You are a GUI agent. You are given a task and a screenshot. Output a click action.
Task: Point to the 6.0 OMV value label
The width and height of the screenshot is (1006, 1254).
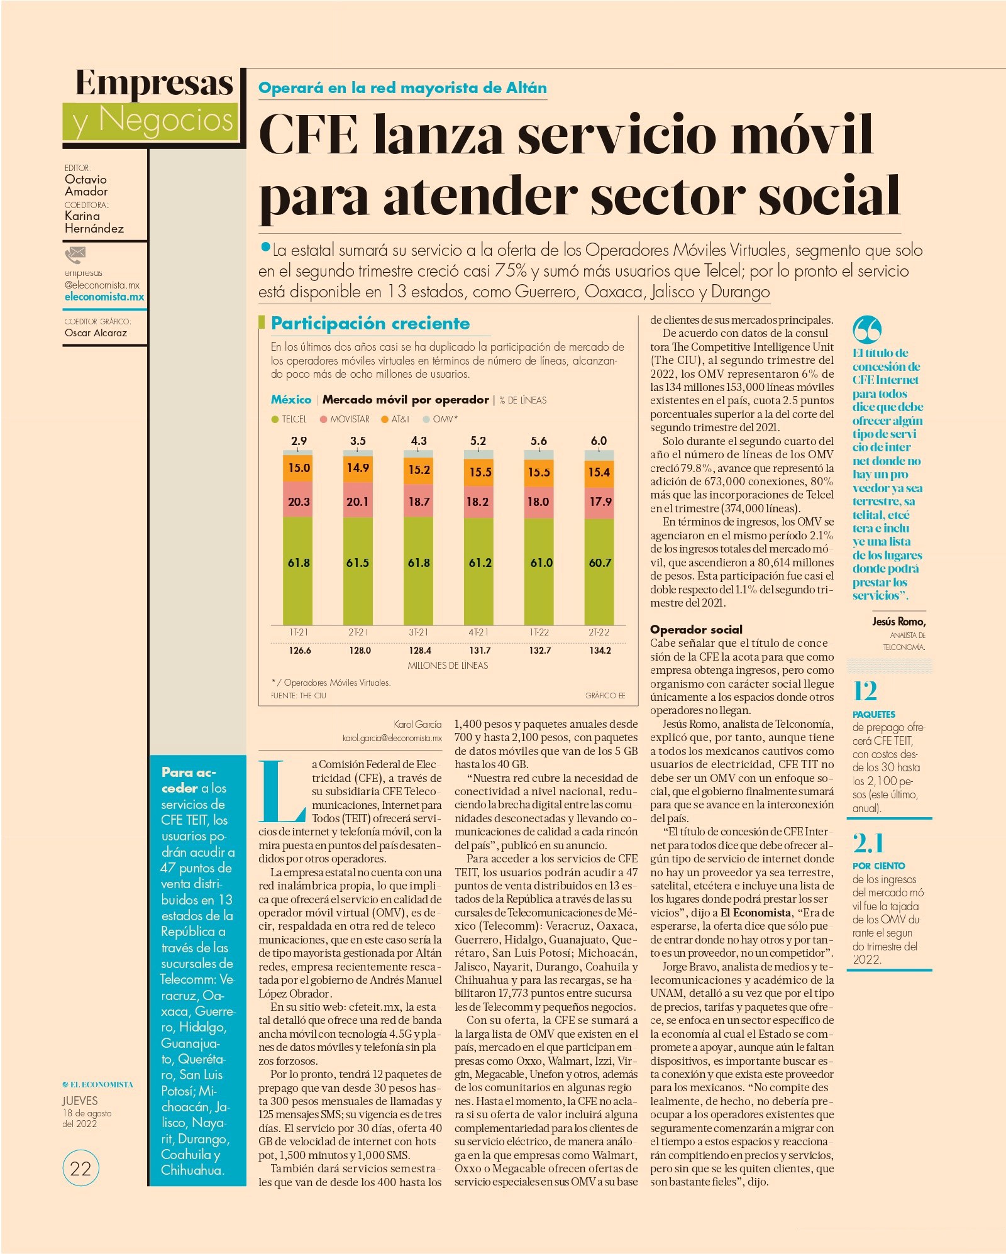(x=599, y=441)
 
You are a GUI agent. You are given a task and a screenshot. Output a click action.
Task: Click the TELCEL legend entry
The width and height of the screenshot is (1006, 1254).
(x=289, y=419)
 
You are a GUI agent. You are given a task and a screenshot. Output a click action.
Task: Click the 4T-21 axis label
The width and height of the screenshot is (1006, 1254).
(x=478, y=632)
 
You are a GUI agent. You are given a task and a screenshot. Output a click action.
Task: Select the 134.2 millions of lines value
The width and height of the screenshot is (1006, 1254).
(x=600, y=651)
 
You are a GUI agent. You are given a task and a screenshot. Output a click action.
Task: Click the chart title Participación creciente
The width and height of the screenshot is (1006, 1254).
(x=370, y=324)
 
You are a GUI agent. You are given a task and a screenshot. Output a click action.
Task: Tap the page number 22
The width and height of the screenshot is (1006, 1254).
(x=81, y=1169)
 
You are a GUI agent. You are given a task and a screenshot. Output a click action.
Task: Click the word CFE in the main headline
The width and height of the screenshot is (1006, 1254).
(x=309, y=134)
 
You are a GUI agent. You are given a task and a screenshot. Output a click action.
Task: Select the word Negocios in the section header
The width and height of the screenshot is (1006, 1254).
(x=166, y=119)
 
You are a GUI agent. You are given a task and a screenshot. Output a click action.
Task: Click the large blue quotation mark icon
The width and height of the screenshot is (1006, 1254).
(x=867, y=329)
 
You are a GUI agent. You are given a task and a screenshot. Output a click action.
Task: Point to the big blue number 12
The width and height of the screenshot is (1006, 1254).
(x=865, y=691)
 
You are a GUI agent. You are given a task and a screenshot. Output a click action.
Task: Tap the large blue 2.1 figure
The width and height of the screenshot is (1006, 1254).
(x=868, y=843)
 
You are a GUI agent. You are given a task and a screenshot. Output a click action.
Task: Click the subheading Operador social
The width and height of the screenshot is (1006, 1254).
(x=696, y=629)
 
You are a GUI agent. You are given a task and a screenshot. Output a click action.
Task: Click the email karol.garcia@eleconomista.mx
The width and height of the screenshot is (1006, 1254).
(x=392, y=738)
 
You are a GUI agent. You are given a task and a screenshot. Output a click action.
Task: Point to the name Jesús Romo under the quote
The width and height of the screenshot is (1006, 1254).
(x=898, y=622)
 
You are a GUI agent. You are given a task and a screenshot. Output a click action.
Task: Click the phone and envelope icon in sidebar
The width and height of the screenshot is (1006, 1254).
(x=75, y=255)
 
